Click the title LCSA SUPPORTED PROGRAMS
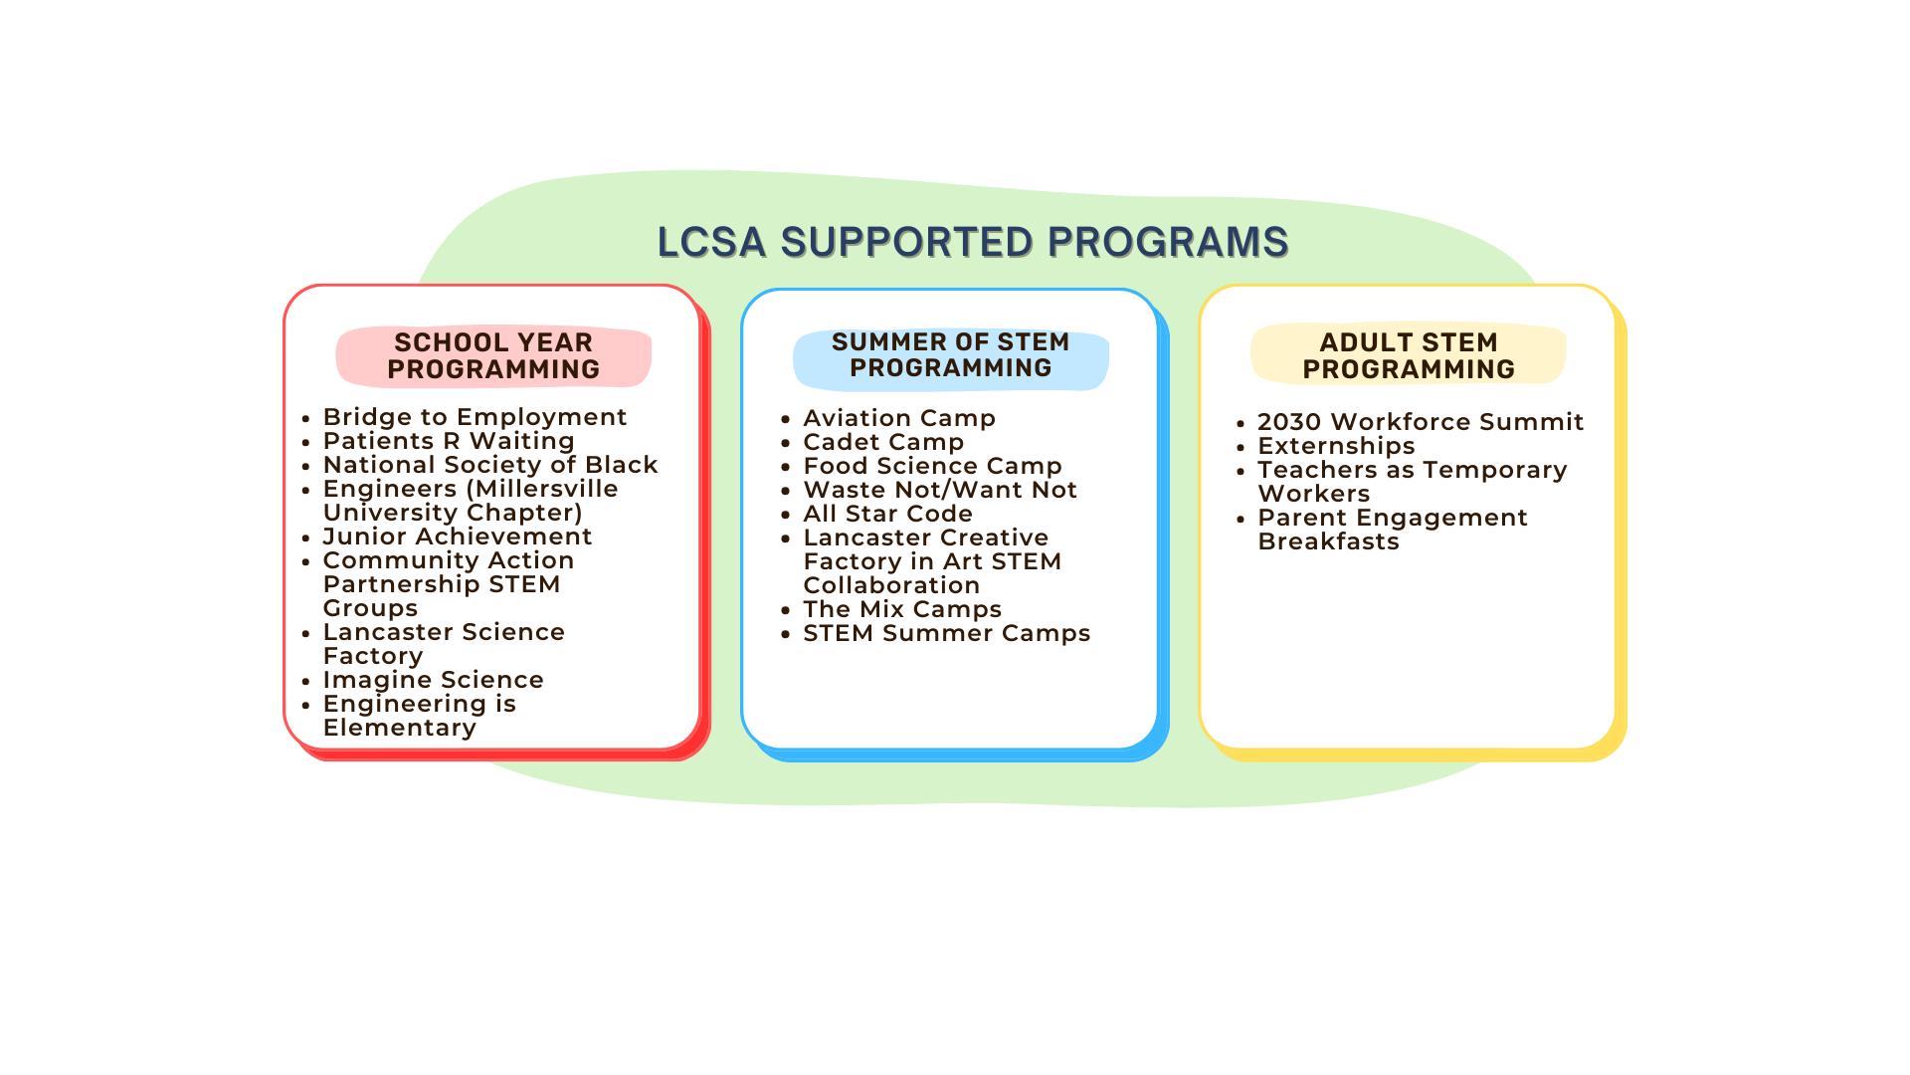[x=973, y=242]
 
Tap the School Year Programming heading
[x=493, y=355]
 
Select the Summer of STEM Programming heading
[x=951, y=355]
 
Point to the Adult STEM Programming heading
[x=1409, y=355]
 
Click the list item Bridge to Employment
[x=475, y=417]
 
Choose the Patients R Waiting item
[x=449, y=441]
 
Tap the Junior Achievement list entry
[x=458, y=537]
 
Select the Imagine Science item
[x=433, y=680]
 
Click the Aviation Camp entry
[x=899, y=418]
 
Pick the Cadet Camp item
[x=883, y=442]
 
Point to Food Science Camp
[x=932, y=466]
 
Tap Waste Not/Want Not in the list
[x=940, y=490]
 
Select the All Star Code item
[x=887, y=514]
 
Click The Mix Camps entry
[x=902, y=609]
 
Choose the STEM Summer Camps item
[x=946, y=633]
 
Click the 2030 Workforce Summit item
[x=1421, y=422]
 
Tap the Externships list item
[x=1336, y=446]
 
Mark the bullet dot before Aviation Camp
[x=786, y=420]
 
